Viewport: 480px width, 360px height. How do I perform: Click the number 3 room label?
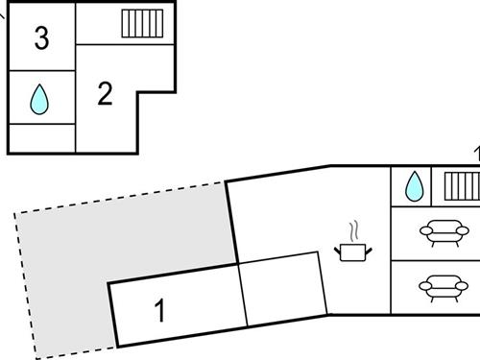pos(41,39)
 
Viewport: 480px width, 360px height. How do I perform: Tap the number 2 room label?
pos(106,93)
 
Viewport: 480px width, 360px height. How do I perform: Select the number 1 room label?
pos(160,311)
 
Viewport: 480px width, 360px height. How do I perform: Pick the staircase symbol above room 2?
pos(141,23)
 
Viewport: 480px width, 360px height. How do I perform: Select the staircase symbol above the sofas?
pos(461,184)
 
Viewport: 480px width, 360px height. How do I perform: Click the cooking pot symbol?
pos(354,252)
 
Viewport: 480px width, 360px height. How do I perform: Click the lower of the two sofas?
pos(439,285)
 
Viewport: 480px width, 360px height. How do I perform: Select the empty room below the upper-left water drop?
pos(41,138)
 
